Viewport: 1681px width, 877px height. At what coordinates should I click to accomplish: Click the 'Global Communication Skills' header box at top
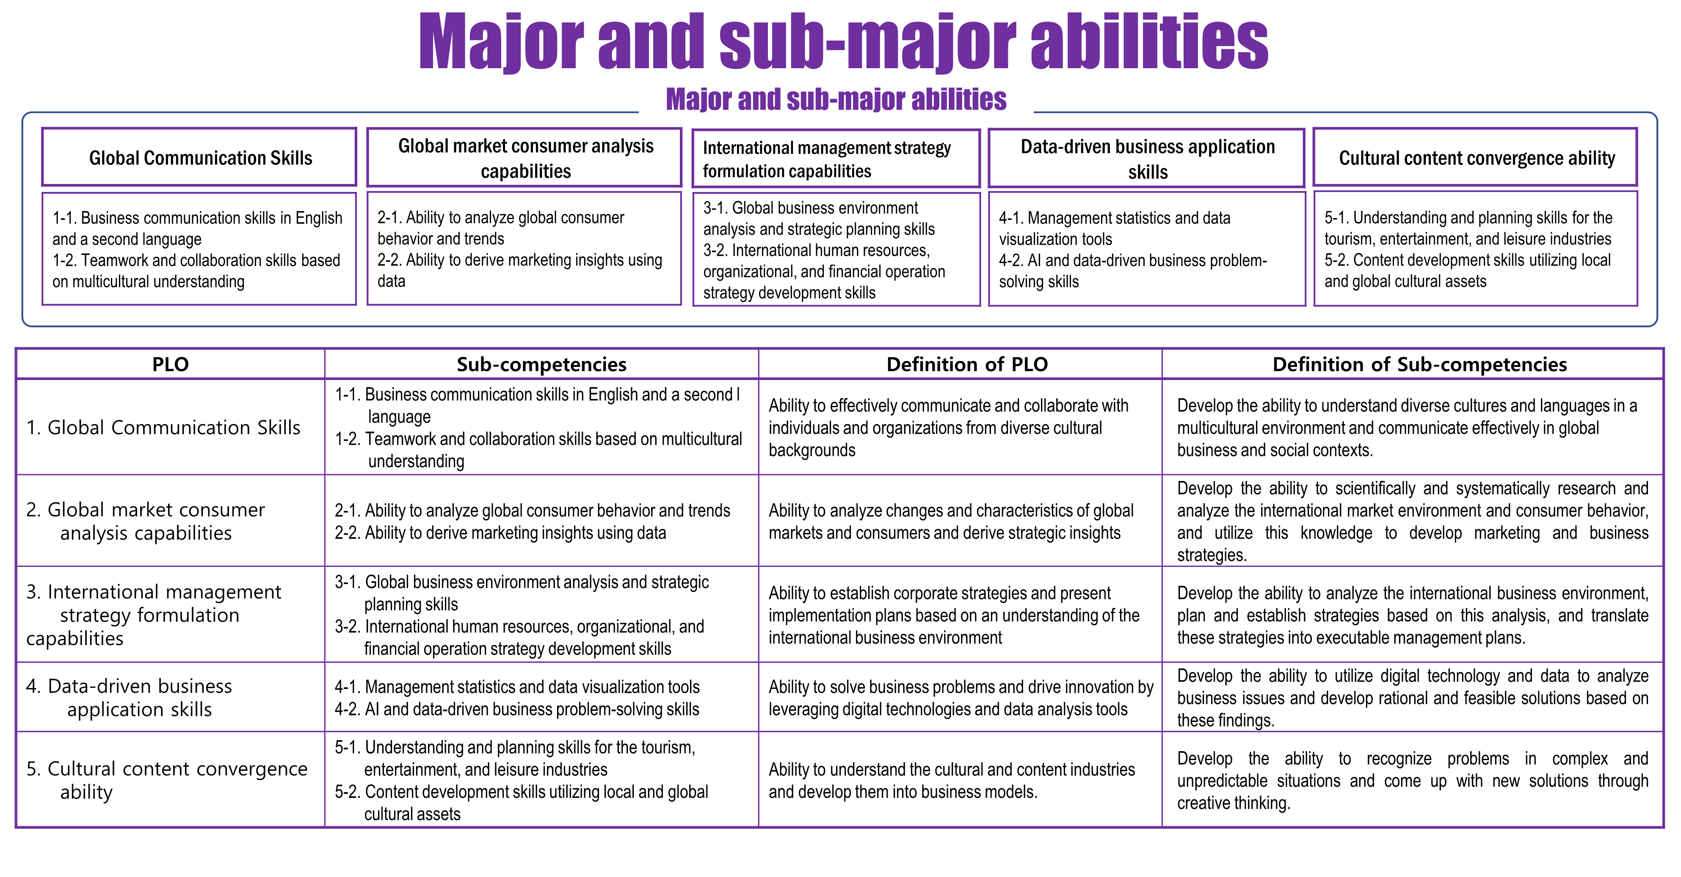click(200, 157)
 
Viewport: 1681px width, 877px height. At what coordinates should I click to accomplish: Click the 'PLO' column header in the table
click(170, 364)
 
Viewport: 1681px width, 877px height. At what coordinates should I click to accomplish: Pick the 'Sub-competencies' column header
click(541, 364)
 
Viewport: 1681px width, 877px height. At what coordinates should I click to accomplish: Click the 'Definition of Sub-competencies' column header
click(1419, 364)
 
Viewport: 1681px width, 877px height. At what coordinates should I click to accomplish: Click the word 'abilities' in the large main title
click(1148, 42)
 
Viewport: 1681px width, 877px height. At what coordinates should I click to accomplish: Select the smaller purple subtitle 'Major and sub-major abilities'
click(836, 99)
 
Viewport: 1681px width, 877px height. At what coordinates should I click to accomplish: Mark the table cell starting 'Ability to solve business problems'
click(960, 697)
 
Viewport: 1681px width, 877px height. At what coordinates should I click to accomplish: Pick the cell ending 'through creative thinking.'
click(1412, 780)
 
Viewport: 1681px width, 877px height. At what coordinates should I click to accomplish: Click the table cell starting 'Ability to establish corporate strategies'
click(953, 615)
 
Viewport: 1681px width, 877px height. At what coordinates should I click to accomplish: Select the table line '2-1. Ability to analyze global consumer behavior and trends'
click(532, 511)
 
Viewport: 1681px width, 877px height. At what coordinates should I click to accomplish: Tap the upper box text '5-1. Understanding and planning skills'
click(1468, 218)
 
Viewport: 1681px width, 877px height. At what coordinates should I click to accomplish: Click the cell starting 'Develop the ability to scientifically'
click(1412, 521)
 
